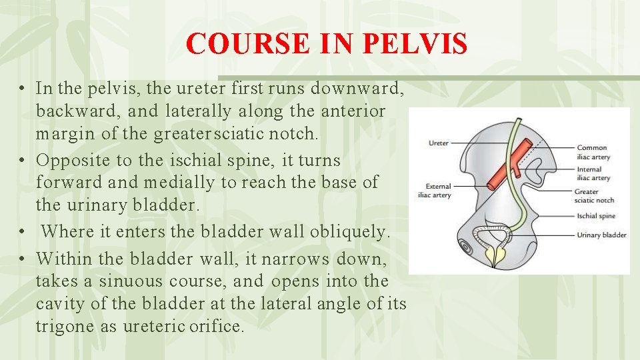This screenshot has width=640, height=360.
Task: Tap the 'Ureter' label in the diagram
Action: click(x=438, y=143)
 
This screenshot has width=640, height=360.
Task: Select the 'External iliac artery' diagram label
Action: click(x=438, y=191)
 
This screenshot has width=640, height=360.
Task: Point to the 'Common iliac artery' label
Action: click(x=592, y=151)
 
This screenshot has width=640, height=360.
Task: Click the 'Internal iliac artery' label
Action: click(x=592, y=173)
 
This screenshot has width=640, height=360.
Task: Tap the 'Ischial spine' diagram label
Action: click(x=595, y=216)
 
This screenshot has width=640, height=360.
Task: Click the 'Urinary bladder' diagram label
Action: click(x=601, y=235)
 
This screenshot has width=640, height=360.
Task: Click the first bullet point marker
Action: click(x=23, y=89)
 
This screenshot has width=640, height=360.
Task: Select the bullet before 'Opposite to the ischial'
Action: click(x=23, y=161)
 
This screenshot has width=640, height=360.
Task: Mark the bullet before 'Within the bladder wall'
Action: click(x=23, y=257)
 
